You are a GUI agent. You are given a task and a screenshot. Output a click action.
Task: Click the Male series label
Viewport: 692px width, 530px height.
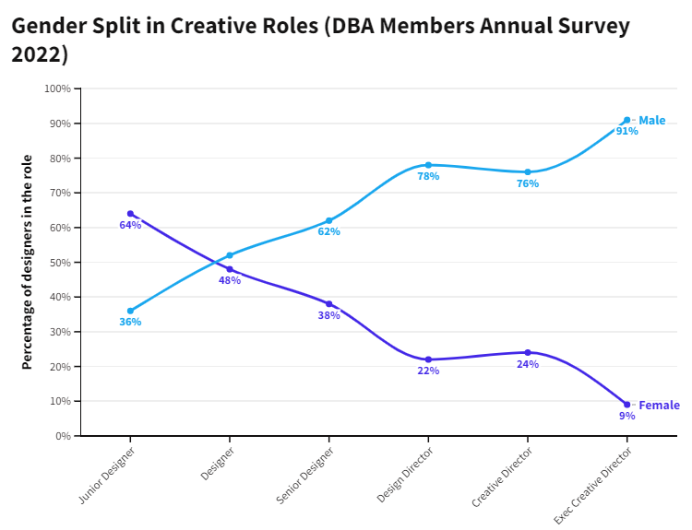coord(651,121)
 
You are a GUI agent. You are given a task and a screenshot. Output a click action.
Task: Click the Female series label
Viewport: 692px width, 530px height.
coord(659,406)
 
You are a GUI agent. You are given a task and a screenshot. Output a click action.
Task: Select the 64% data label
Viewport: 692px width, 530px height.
coord(130,225)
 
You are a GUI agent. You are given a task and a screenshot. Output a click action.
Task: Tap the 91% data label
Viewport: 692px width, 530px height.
coord(627,131)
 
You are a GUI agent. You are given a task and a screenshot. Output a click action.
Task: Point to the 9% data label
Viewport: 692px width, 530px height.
coord(627,416)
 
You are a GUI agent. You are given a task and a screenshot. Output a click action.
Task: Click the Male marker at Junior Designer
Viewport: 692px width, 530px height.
coord(130,311)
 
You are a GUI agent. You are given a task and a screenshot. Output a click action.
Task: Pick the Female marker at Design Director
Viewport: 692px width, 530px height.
coord(428,359)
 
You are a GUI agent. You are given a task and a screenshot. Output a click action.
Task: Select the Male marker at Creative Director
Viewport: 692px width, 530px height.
coord(528,172)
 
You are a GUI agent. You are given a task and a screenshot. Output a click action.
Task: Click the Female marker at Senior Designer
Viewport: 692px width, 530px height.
coord(328,304)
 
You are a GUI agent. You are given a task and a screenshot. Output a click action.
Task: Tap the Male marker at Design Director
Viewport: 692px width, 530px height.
coord(428,165)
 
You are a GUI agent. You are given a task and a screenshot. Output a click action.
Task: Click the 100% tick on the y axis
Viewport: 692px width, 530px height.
coord(57,88)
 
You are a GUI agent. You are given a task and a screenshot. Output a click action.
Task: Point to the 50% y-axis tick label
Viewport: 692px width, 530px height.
coord(60,263)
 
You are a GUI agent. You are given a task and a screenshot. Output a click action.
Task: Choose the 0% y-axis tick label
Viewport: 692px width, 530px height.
coord(63,436)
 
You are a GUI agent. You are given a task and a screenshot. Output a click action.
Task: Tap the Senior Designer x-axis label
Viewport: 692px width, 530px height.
coord(304,477)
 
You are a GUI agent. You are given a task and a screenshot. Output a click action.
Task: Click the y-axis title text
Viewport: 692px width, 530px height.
coord(28,262)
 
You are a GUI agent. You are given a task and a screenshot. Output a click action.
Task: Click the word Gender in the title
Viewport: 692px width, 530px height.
coord(48,25)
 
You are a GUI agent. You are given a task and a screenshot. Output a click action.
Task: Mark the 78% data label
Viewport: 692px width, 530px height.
coord(428,176)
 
